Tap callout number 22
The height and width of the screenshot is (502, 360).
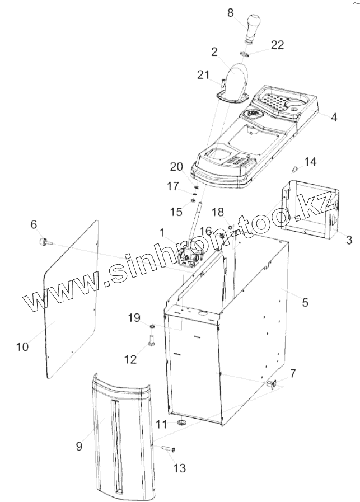tap(277, 45)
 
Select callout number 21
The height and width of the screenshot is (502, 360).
tap(203, 75)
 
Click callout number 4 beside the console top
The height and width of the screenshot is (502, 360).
tap(334, 118)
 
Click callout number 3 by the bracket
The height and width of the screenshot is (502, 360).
tap(348, 241)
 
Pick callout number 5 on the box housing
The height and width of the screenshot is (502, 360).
tap(305, 302)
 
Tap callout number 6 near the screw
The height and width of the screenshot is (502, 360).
tap(34, 224)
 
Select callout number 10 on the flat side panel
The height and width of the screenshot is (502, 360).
tap(22, 346)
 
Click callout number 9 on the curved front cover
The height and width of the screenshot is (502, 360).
tap(79, 445)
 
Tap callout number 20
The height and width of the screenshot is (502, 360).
tap(176, 166)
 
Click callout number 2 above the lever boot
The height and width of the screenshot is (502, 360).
tap(214, 52)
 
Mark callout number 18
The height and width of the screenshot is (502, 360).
tap(218, 212)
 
